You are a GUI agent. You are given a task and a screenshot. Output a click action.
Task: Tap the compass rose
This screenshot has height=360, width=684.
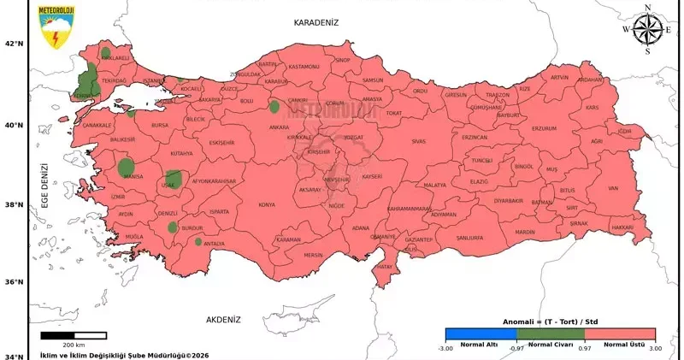pos(646,29)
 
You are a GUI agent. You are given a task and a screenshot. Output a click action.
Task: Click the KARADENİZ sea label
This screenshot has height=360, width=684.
pos(317,22)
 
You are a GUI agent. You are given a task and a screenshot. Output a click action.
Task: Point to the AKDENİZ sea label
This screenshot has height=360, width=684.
pos(223,319)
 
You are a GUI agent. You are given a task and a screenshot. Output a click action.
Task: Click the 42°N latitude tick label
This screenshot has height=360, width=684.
pos(15,44)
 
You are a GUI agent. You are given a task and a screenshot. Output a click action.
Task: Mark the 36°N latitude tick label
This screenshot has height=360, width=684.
pos(15,283)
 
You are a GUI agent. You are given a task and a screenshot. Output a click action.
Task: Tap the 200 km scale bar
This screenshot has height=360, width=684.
pos(74,335)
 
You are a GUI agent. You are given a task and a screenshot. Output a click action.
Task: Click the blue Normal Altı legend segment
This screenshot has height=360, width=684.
pos(480,335)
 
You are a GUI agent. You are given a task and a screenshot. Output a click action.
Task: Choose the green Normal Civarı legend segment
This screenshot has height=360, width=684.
pos(550,335)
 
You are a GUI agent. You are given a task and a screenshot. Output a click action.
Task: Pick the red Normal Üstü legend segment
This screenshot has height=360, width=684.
pos(620,335)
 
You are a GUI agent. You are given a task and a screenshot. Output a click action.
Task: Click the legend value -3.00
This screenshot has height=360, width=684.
pos(445,349)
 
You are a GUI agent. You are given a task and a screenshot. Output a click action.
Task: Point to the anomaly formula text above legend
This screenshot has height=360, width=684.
pos(550,322)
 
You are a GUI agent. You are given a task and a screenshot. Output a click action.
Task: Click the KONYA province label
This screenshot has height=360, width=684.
pos(267,205)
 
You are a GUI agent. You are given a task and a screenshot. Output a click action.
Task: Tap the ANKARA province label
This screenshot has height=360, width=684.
pos(279,127)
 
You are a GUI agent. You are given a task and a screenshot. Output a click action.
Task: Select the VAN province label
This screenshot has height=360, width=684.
pos(612,188)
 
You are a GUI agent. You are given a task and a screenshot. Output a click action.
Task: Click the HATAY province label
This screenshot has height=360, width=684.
pos(384,268)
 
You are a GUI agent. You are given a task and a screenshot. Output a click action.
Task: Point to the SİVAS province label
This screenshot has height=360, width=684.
pos(418,140)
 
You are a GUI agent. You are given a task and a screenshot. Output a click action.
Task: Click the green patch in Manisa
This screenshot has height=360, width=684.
pos(127,166)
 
